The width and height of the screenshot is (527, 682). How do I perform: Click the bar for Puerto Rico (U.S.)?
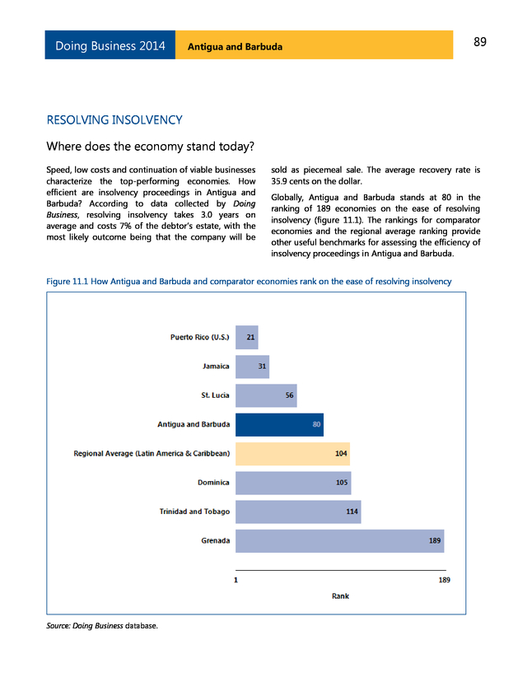[x=246, y=337]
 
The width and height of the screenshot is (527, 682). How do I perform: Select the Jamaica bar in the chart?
[x=252, y=366]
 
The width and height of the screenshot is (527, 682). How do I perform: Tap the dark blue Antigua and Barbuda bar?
[x=279, y=424]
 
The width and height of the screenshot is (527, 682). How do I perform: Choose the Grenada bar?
[x=339, y=540]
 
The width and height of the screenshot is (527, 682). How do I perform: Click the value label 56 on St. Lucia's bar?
[x=290, y=395]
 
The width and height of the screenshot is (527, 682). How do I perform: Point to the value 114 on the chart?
[x=352, y=511]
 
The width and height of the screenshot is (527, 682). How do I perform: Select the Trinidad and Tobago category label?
[x=194, y=511]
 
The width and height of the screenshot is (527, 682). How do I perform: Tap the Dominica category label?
[x=213, y=483]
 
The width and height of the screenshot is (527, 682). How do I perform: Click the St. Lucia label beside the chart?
[x=215, y=395]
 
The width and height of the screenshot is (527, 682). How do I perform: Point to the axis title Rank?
[x=340, y=596]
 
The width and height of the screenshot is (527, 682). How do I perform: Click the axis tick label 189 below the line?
[x=443, y=580]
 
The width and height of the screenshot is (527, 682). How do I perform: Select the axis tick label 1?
[x=236, y=580]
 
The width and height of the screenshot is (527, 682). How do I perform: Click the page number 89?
[x=481, y=43]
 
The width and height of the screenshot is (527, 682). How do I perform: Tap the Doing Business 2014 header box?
[x=110, y=45]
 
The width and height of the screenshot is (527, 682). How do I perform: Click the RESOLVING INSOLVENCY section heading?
[x=114, y=120]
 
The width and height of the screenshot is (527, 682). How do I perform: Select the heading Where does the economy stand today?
[x=151, y=147]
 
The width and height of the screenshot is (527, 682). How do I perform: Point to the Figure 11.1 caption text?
[x=249, y=282]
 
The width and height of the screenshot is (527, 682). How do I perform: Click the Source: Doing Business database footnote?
[x=101, y=626]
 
